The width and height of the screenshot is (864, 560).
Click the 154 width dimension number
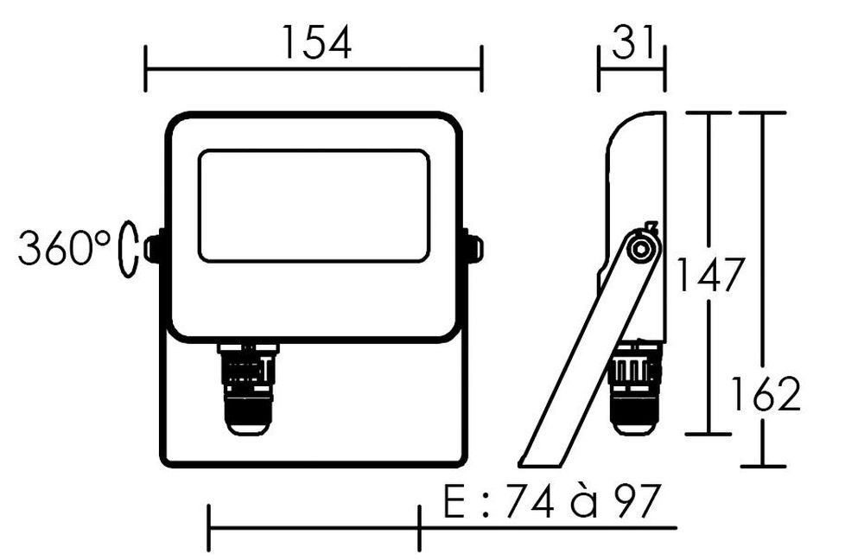[x=316, y=42]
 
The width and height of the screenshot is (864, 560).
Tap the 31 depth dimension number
[x=632, y=41]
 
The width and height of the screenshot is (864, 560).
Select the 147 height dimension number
[x=709, y=275]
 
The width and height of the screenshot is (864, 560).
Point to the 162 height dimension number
[x=766, y=394]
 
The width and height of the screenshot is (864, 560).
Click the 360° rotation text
[x=65, y=248]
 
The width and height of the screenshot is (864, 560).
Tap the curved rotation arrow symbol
[x=128, y=249]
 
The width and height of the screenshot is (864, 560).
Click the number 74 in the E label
[x=530, y=501]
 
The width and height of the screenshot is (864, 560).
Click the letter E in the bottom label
[x=454, y=501]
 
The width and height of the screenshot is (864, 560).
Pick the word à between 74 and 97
[x=584, y=500]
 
